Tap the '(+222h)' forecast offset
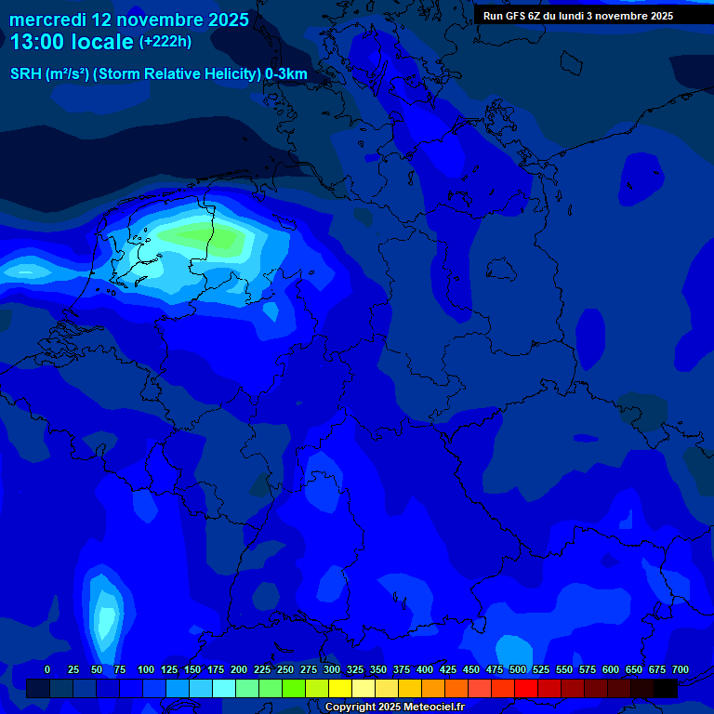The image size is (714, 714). click(165, 42)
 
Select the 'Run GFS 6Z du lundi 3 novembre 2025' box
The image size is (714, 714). click(578, 16)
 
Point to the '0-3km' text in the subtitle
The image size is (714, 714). click(285, 74)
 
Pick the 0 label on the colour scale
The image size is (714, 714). click(47, 669)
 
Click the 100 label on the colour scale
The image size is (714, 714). click(146, 669)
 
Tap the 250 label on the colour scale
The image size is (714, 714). click(285, 669)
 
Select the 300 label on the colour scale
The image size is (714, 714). click(332, 669)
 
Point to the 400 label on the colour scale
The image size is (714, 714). click(425, 669)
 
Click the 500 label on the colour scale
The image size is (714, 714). click(518, 669)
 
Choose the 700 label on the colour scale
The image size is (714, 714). click(681, 669)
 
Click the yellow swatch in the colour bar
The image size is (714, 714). click(340, 689)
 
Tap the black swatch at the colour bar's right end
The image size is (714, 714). click(666, 689)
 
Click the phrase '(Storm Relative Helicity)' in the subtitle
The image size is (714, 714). click(178, 74)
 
